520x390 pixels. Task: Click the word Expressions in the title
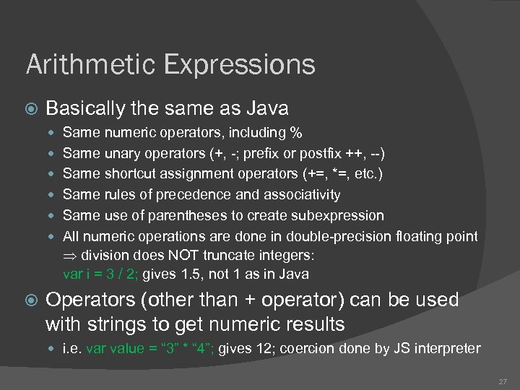coord(240,65)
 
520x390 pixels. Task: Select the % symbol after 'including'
coord(296,133)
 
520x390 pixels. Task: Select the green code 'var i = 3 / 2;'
coord(100,274)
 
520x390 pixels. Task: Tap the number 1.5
coord(188,274)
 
